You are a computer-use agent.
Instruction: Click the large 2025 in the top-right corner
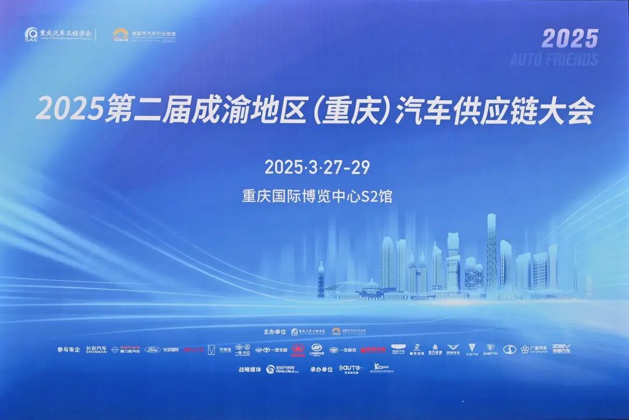pyautogui.click(x=570, y=38)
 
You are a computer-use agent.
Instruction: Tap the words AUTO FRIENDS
pyautogui.click(x=554, y=59)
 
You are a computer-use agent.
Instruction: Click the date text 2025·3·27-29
pyautogui.click(x=317, y=167)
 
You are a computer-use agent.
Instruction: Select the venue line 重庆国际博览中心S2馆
pyautogui.click(x=317, y=196)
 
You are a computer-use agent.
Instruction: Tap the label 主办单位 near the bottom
pyautogui.click(x=275, y=331)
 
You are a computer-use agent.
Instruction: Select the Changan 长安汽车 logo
pyautogui.click(x=96, y=350)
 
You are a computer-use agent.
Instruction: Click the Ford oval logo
pyautogui.click(x=152, y=350)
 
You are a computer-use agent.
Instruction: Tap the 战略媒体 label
pyautogui.click(x=249, y=369)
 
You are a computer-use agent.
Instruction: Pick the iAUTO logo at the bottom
pyautogui.click(x=351, y=369)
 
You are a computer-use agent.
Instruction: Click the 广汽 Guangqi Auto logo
pyautogui.click(x=533, y=350)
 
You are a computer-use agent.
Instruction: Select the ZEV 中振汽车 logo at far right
pyautogui.click(x=561, y=349)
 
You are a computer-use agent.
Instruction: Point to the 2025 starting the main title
pyautogui.click(x=69, y=110)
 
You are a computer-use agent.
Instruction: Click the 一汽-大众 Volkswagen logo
pyautogui.click(x=242, y=350)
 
